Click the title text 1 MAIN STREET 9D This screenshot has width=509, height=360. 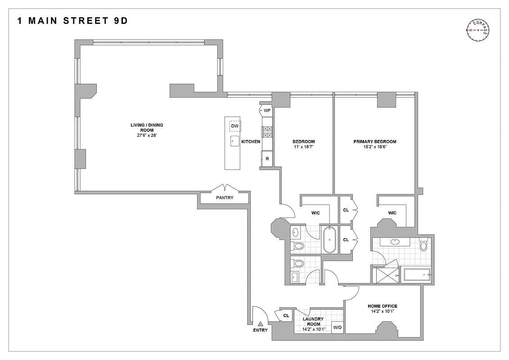point(72,21)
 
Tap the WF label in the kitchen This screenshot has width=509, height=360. point(267,110)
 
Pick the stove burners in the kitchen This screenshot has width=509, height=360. point(267,132)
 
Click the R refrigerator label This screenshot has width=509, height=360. point(267,159)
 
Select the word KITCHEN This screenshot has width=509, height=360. point(251,142)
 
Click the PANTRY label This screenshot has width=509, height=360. point(225,197)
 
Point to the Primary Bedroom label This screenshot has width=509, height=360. point(374,142)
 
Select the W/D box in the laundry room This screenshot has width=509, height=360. point(338,328)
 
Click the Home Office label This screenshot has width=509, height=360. point(383,306)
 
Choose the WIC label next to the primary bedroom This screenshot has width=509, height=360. point(392,212)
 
